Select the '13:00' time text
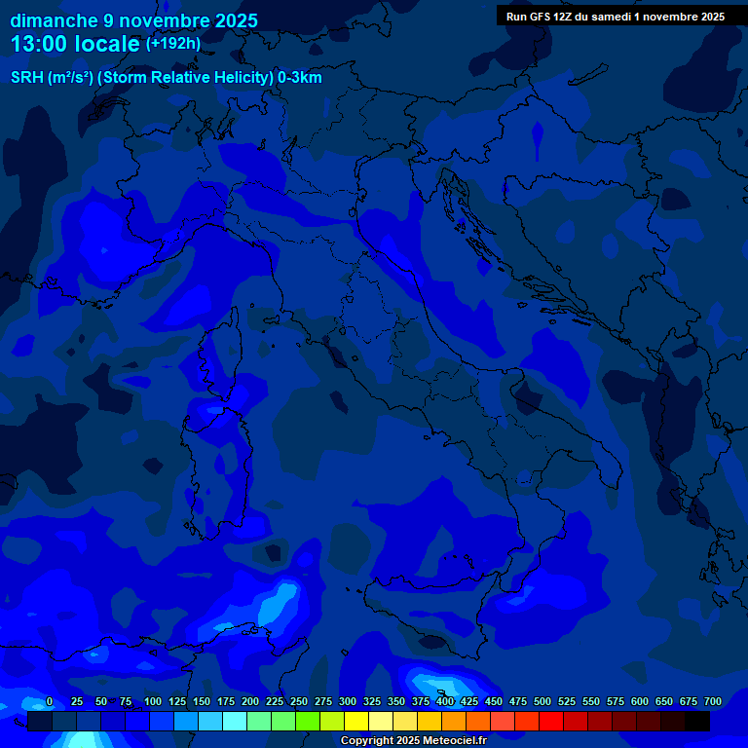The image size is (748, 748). pyautogui.click(x=42, y=44)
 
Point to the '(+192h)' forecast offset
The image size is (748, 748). pyautogui.click(x=172, y=44)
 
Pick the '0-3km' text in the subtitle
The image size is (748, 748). pyautogui.click(x=299, y=78)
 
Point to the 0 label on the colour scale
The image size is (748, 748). pyautogui.click(x=50, y=702)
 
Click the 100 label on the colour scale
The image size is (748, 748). pyautogui.click(x=153, y=702)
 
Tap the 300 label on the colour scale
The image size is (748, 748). pyautogui.click(x=348, y=702)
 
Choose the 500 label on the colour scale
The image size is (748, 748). pyautogui.click(x=542, y=702)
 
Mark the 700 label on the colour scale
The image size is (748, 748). pyautogui.click(x=713, y=702)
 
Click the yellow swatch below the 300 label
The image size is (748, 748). pyautogui.click(x=356, y=722)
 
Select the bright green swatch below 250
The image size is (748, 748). pyautogui.click(x=308, y=722)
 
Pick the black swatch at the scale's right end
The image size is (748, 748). pyautogui.click(x=697, y=722)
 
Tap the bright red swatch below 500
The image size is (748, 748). pyautogui.click(x=551, y=722)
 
